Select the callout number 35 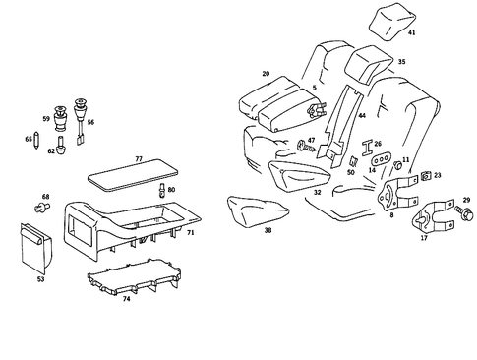[400, 62]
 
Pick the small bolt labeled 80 [160, 187]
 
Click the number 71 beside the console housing [190, 233]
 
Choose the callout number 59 [45, 119]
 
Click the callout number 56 [90, 123]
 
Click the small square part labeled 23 [424, 177]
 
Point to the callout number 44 [362, 115]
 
